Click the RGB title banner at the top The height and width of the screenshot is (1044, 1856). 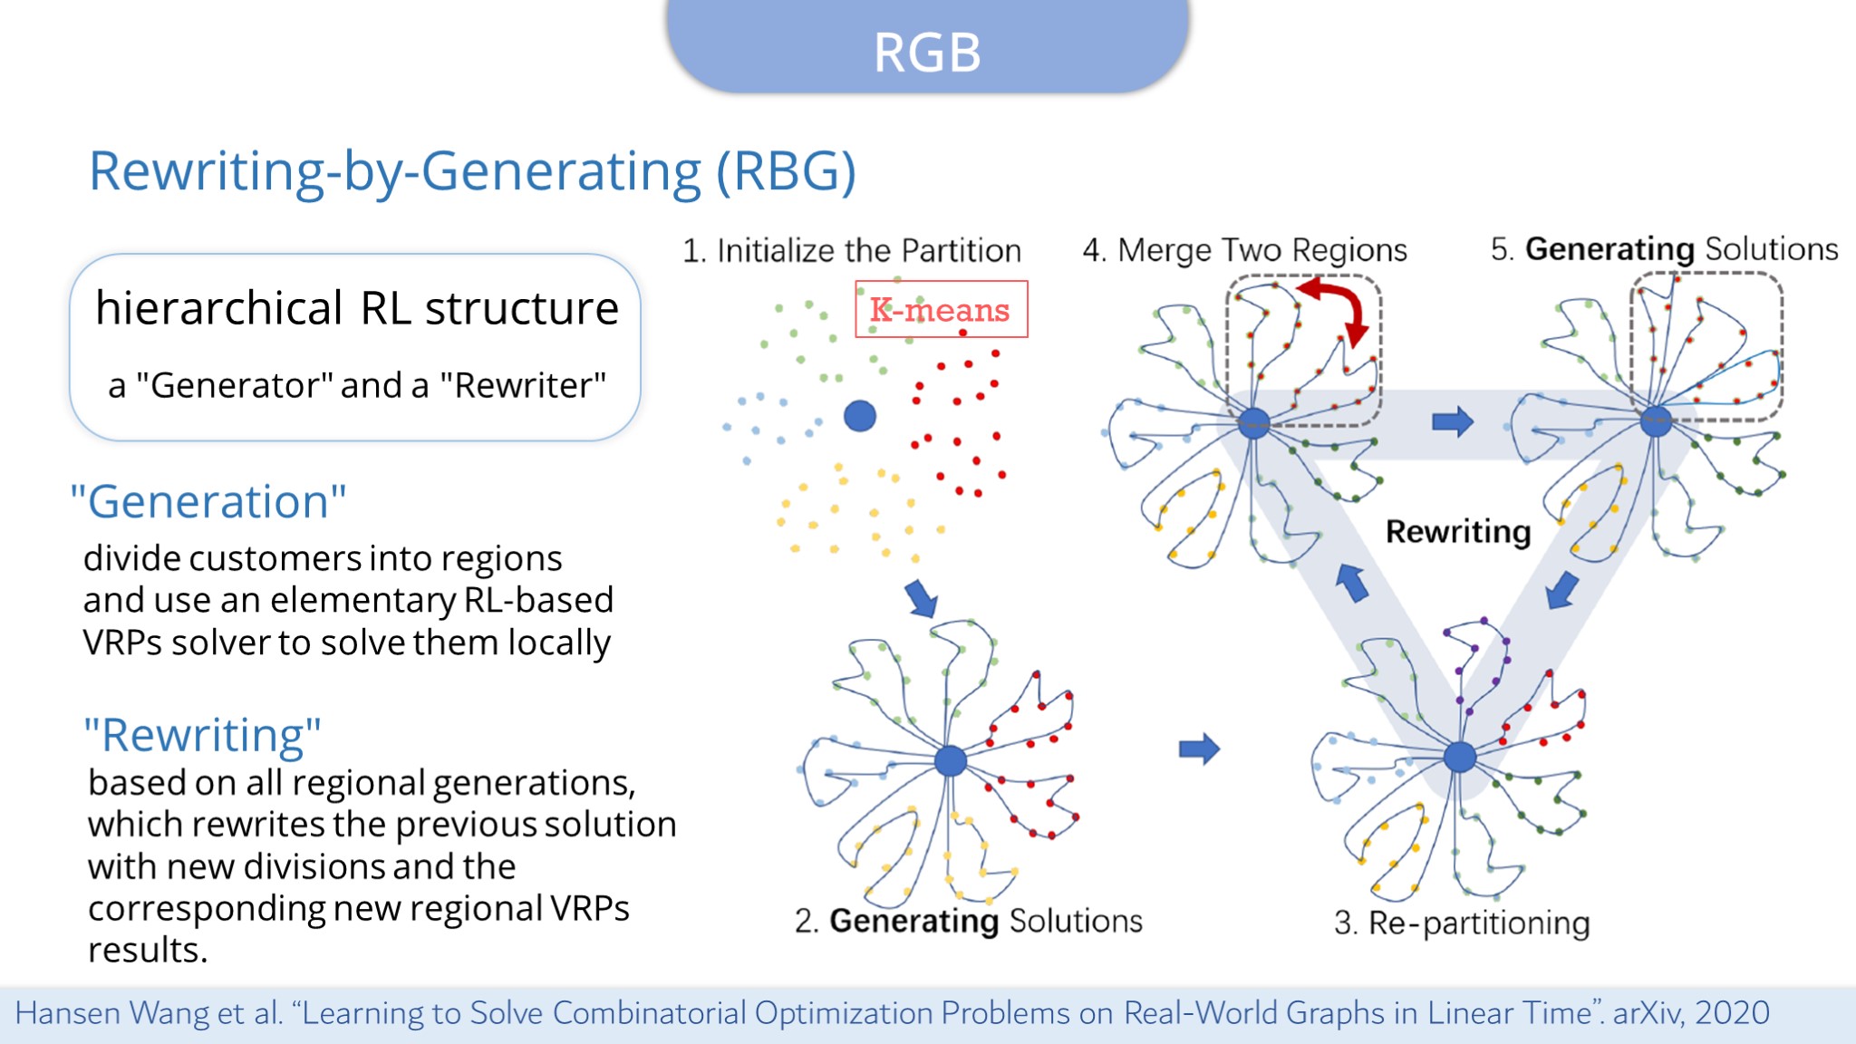tap(927, 50)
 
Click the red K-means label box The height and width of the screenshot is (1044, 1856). tap(941, 310)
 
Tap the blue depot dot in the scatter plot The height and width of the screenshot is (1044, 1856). tap(859, 416)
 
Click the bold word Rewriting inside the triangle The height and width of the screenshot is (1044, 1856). tap(1457, 531)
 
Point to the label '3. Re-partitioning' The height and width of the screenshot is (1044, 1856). tap(1462, 923)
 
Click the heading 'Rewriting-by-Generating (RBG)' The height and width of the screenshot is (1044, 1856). tap(472, 170)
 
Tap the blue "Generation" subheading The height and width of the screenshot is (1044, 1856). tap(208, 501)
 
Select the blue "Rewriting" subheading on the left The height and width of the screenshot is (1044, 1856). tap(202, 734)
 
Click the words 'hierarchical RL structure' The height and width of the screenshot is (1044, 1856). tap(357, 308)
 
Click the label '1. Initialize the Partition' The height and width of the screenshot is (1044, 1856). tap(851, 250)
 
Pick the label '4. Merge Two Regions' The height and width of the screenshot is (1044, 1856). tap(1244, 249)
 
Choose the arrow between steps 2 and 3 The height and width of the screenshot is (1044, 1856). tap(1199, 749)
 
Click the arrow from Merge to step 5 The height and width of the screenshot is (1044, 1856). tap(1452, 421)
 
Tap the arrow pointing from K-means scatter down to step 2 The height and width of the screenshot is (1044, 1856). tap(921, 599)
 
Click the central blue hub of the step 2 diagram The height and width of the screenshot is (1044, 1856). tap(950, 759)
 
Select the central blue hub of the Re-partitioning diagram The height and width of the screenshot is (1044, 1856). tap(1459, 756)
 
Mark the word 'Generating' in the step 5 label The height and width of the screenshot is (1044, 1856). tap(1609, 248)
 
